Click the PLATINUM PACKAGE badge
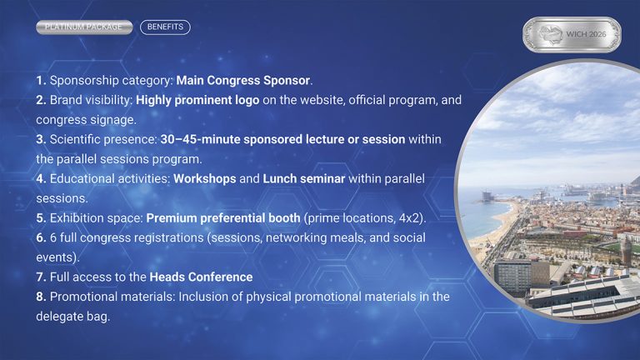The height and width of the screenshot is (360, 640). [83, 27]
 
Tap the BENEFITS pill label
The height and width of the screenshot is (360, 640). [165, 27]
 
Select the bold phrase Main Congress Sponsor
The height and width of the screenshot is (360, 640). [243, 81]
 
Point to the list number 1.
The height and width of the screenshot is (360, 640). [41, 81]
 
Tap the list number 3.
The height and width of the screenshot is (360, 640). [41, 139]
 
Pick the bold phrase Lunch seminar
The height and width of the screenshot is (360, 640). [303, 178]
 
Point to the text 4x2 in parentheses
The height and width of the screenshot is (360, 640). [412, 218]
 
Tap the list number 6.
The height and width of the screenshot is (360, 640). [41, 238]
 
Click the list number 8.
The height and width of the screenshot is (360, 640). [41, 297]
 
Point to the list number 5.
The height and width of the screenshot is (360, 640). [41, 218]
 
